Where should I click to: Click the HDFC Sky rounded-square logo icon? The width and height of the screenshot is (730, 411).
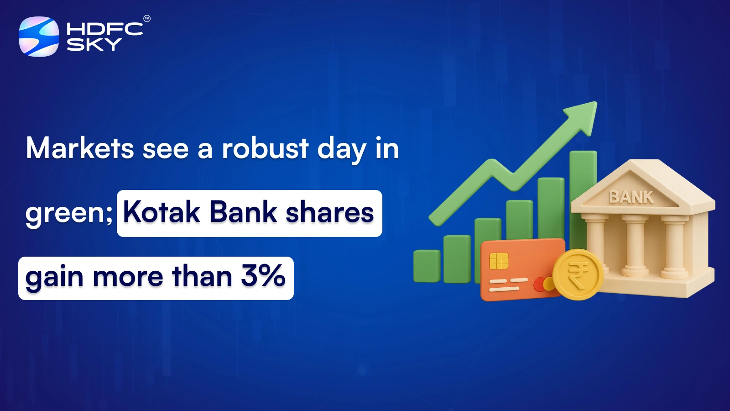pyautogui.click(x=39, y=37)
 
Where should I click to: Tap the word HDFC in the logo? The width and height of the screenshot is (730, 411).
pyautogui.click(x=104, y=29)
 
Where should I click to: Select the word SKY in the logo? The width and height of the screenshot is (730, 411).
pyautogui.click(x=94, y=44)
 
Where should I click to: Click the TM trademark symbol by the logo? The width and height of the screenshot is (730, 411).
pyautogui.click(x=147, y=19)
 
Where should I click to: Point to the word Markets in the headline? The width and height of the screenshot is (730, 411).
pyautogui.click(x=80, y=148)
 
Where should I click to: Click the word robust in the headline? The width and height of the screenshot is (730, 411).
pyautogui.click(x=265, y=148)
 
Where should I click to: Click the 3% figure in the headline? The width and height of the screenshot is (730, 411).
pyautogui.click(x=263, y=276)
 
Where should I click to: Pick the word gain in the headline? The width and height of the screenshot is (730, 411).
pyautogui.click(x=54, y=277)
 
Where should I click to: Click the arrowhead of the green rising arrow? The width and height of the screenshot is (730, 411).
pyautogui.click(x=584, y=115)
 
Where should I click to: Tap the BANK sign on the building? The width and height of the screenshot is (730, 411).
pyautogui.click(x=631, y=197)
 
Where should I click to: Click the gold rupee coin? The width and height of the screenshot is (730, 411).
pyautogui.click(x=578, y=274)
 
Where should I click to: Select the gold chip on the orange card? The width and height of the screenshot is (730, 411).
pyautogui.click(x=499, y=261)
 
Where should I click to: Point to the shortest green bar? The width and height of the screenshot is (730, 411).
pyautogui.click(x=427, y=266)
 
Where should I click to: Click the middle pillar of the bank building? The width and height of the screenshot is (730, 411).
pyautogui.click(x=635, y=245)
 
